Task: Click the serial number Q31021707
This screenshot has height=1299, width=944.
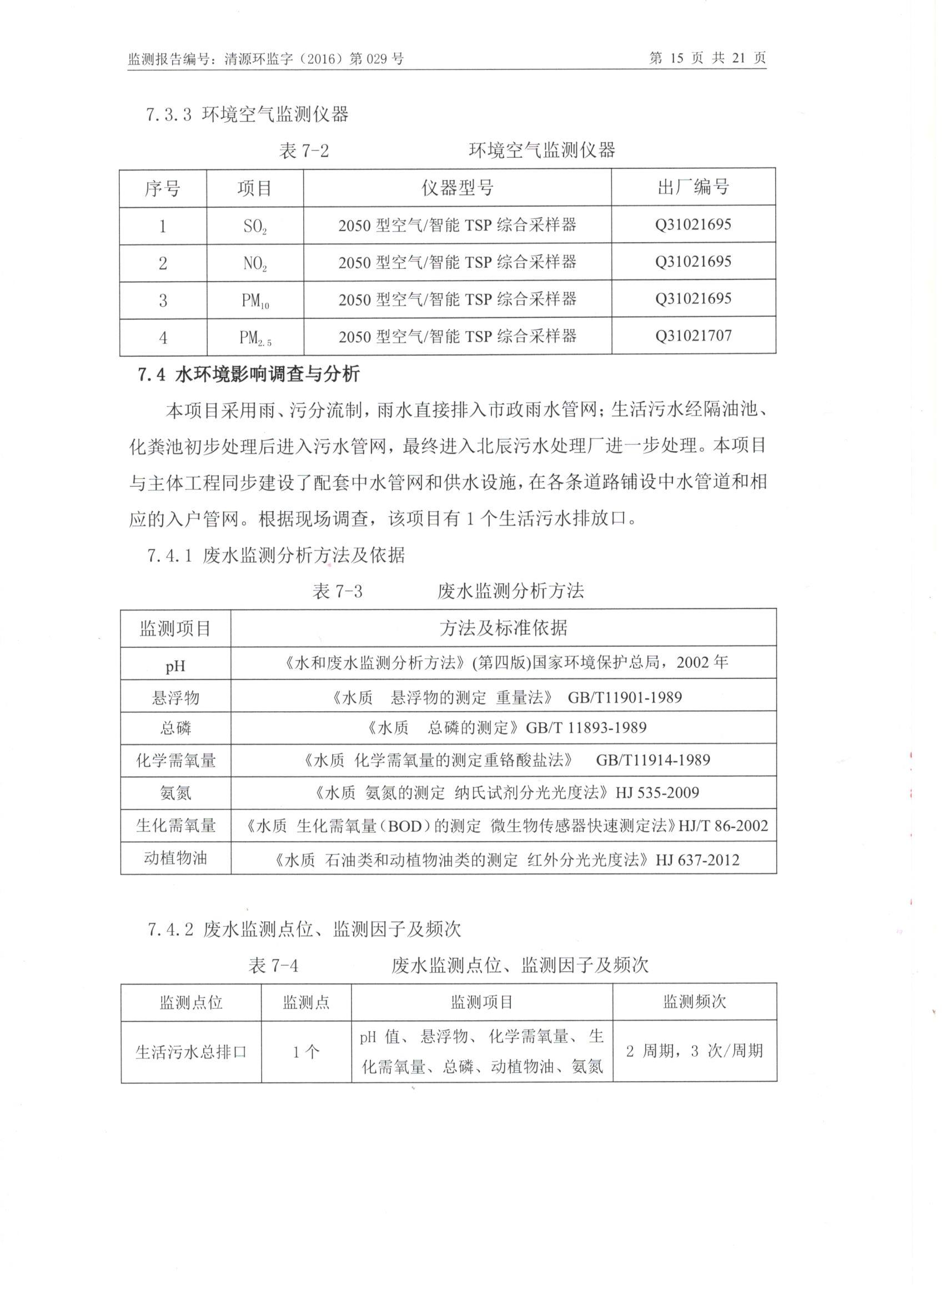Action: pos(693,336)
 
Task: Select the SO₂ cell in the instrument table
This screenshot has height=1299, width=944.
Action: pos(255,227)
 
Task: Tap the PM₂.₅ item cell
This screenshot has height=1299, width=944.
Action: pos(255,338)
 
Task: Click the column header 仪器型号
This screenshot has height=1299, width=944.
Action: pos(457,187)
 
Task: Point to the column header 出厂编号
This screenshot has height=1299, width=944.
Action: pos(693,187)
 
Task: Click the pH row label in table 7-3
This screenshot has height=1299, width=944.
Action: pos(175,666)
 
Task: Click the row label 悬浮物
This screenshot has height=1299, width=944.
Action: pos(175,698)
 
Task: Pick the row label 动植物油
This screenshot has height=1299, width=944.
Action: pos(175,858)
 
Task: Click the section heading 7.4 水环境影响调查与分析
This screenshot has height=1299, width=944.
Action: pos(248,374)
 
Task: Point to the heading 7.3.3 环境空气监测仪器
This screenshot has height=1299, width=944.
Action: pos(247,114)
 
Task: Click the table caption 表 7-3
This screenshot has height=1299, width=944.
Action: pos(337,591)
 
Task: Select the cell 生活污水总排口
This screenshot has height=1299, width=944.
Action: pos(190,1052)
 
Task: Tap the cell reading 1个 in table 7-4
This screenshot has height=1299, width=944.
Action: pos(306,1052)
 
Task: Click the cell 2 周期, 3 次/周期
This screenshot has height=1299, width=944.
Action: pos(695,1051)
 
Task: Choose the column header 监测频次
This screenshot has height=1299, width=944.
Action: pos(695,1002)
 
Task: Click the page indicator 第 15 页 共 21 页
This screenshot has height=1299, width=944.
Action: pos(707,58)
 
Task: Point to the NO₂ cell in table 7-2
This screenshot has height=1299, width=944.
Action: pos(255,264)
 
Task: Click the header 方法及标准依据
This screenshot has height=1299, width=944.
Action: pos(503,628)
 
